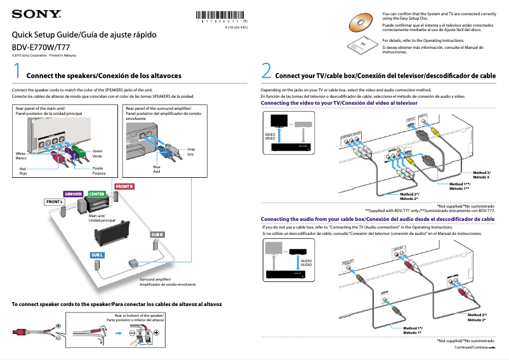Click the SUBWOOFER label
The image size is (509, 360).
coord(73,194)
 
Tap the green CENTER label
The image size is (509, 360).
coord(96,194)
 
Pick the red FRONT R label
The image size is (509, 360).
coord(124,186)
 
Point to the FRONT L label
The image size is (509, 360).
coord(55,202)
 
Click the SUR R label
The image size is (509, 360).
coord(158,235)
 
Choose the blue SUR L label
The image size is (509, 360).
coord(96,255)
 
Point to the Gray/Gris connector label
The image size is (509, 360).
coord(190,152)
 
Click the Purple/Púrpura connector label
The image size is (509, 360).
coord(98,170)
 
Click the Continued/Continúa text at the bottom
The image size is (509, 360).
coord(471,348)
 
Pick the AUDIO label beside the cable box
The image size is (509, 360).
coord(306,262)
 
